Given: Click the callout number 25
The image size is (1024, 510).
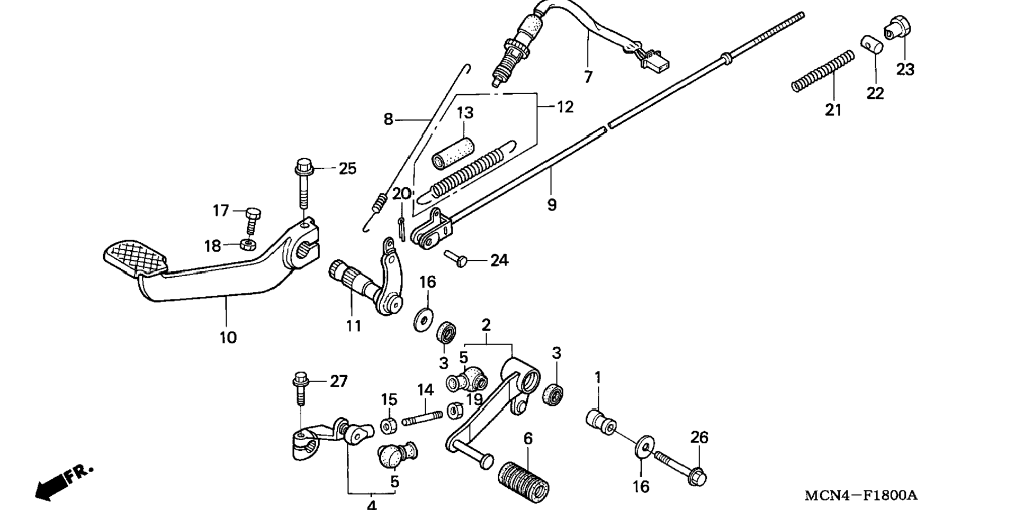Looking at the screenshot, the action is (x=347, y=169).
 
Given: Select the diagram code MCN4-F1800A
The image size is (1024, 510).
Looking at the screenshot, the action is (x=861, y=496).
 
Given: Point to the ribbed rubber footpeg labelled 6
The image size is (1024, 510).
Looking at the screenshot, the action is (x=524, y=482).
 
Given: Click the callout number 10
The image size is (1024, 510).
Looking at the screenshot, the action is (x=228, y=337).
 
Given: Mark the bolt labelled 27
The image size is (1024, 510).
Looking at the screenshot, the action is (x=301, y=389).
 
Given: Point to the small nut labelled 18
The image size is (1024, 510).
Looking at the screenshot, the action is (x=246, y=244).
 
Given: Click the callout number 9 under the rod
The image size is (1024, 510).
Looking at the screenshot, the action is (x=552, y=205).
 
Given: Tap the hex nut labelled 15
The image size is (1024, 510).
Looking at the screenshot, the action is (x=389, y=425).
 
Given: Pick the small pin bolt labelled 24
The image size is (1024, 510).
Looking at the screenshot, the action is (x=456, y=258).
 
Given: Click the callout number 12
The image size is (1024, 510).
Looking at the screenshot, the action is (x=565, y=107).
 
